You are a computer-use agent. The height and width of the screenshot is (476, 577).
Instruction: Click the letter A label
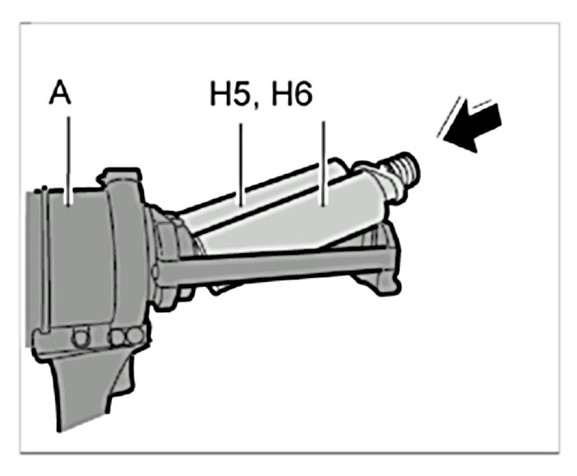tap(60, 94)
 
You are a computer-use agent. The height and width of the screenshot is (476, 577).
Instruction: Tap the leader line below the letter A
tap(69, 156)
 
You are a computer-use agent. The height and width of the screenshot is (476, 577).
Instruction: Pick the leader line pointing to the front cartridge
tap(324, 156)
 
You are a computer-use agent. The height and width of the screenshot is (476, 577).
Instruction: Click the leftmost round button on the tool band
tap(79, 338)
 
